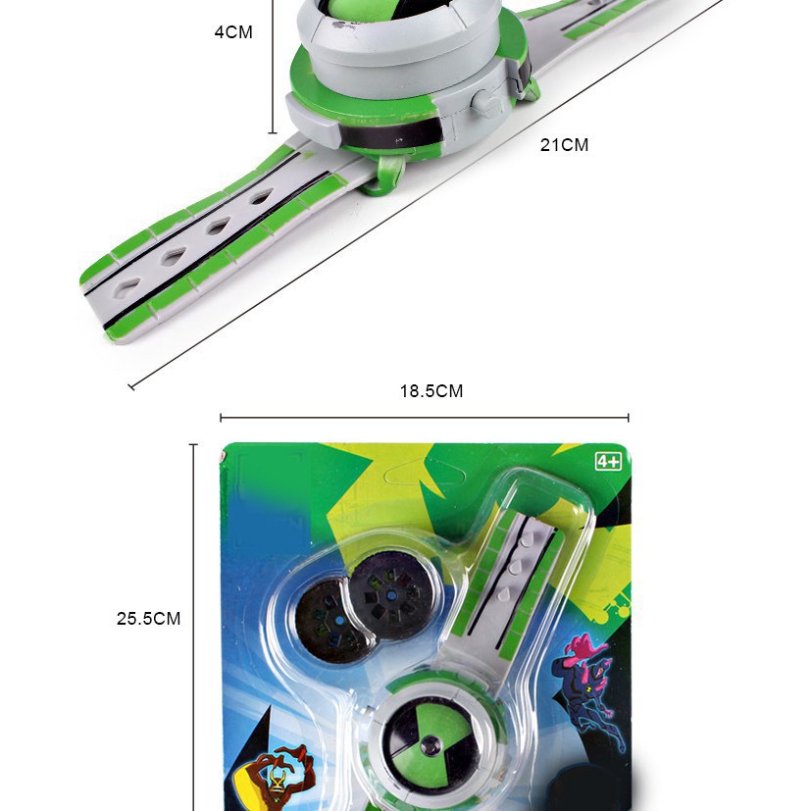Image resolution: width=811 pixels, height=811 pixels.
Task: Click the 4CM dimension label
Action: [233, 32]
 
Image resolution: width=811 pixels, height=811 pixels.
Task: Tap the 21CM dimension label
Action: [564, 145]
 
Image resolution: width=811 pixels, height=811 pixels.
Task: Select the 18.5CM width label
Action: [431, 391]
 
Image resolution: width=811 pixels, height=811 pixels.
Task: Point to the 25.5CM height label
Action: [148, 619]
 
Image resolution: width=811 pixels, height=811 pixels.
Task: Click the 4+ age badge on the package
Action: [608, 460]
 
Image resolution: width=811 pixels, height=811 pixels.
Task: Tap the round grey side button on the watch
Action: [484, 102]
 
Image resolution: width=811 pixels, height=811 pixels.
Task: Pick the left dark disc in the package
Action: [331, 622]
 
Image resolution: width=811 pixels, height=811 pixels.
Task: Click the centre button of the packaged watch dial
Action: [430, 745]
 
